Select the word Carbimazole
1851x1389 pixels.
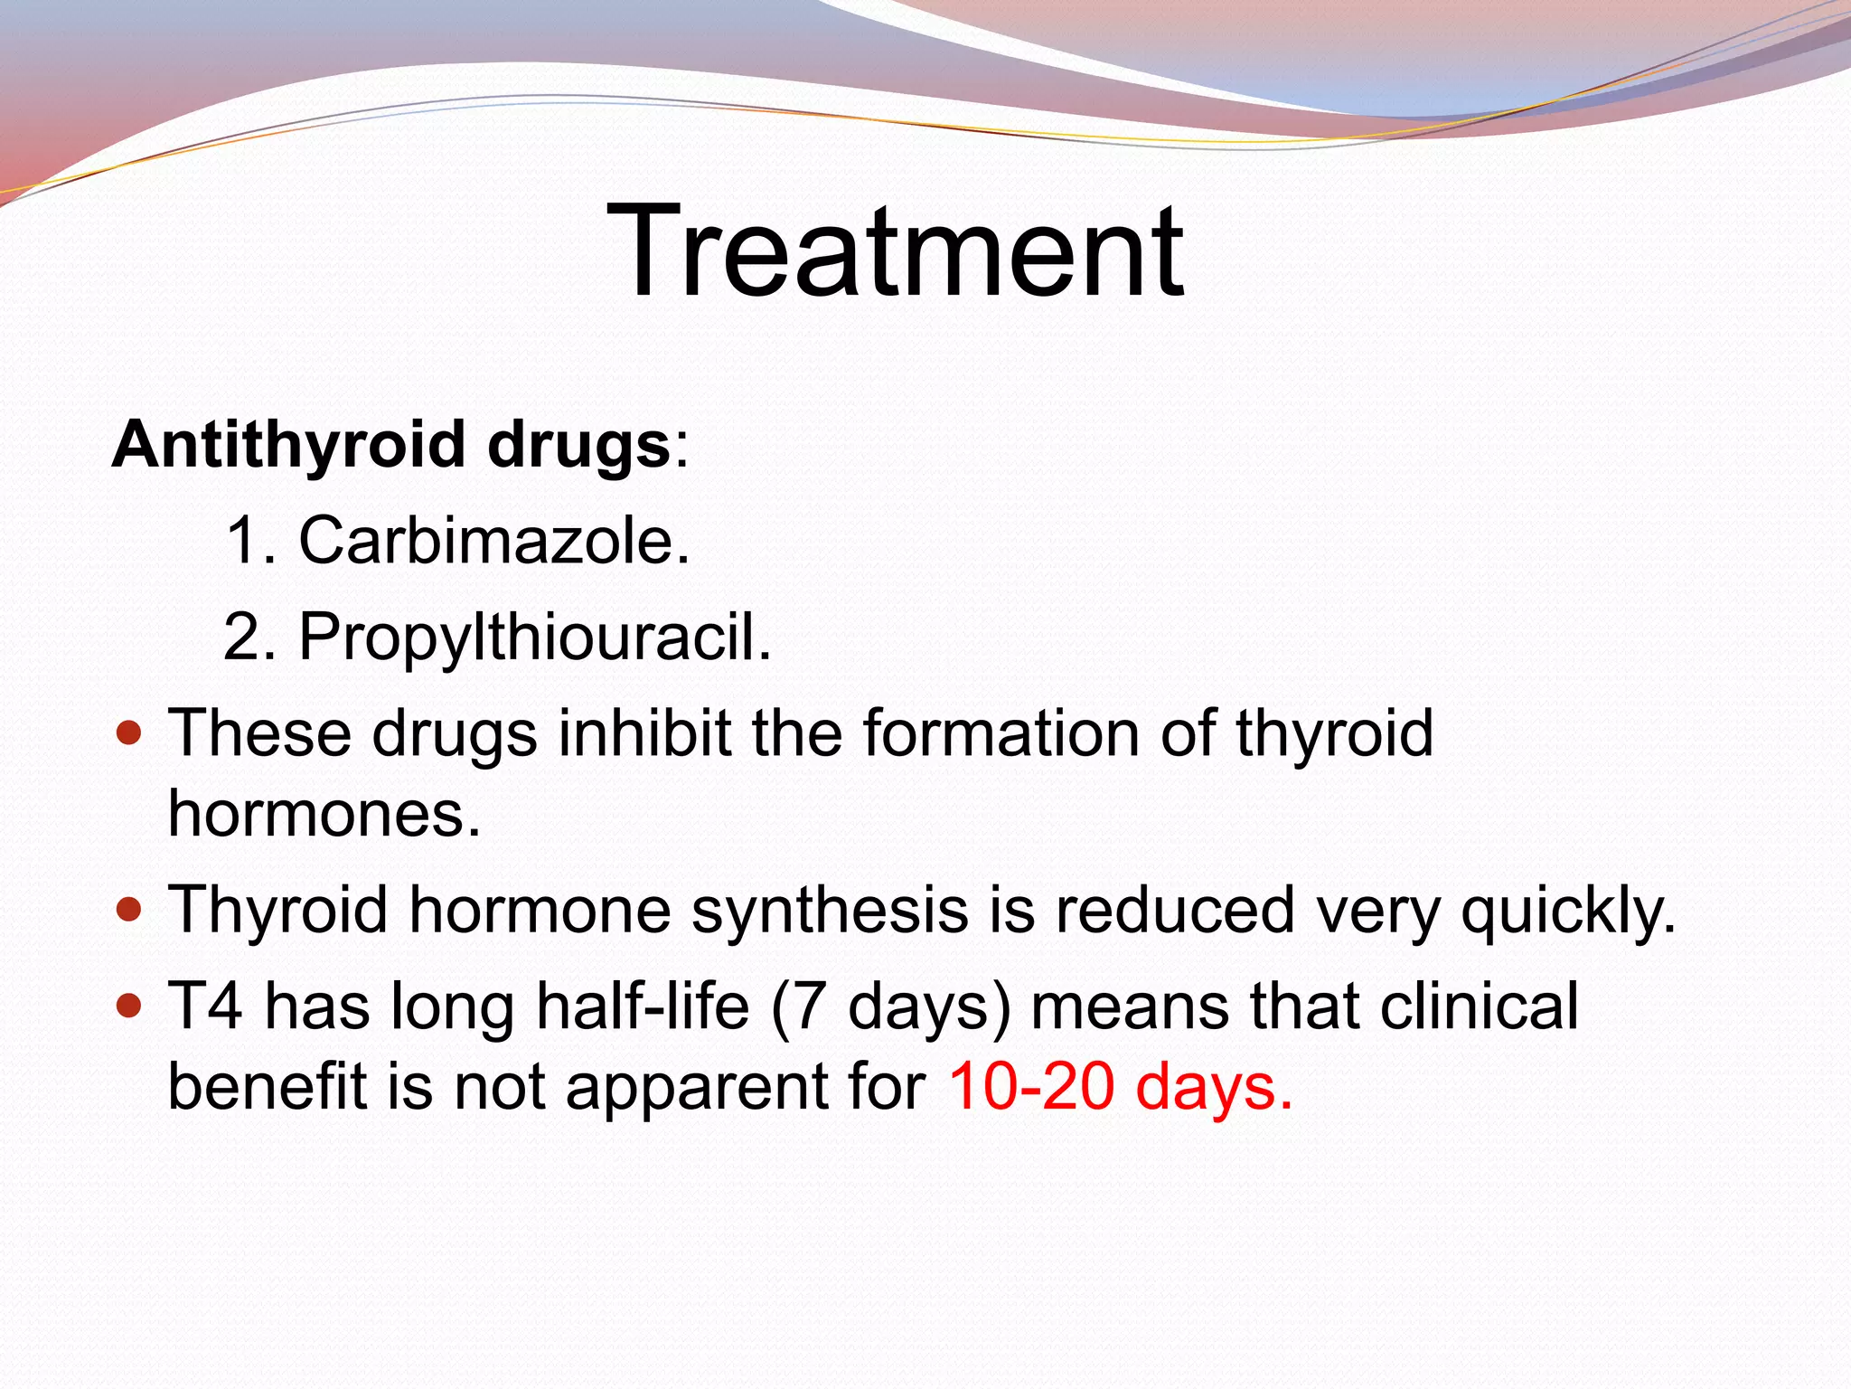(493, 542)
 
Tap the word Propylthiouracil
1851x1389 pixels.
(534, 638)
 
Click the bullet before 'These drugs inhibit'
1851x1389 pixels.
(130, 732)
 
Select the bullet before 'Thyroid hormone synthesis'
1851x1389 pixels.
(130, 908)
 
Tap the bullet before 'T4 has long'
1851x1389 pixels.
(130, 1005)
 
